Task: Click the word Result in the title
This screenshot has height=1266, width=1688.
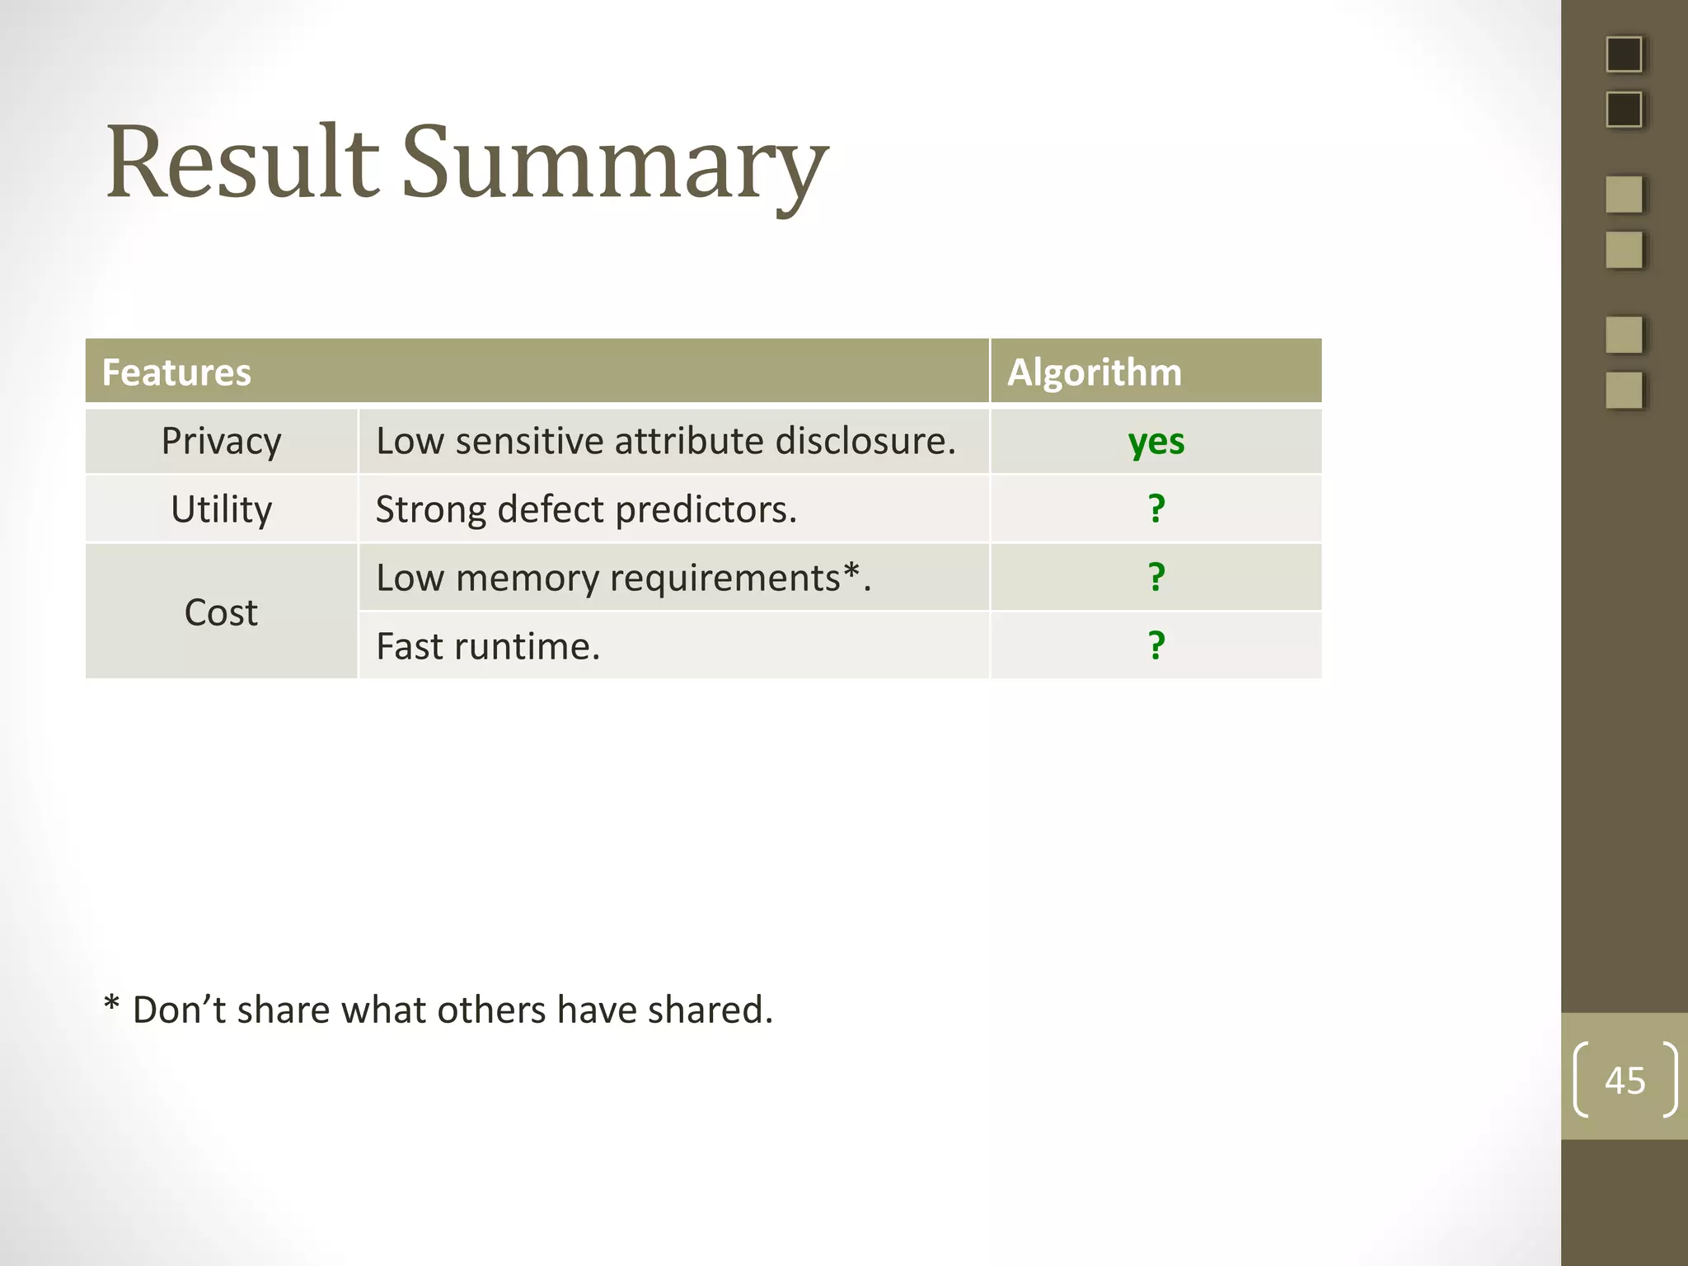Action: click(242, 162)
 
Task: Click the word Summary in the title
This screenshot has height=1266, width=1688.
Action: click(614, 165)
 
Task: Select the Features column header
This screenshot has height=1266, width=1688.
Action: click(176, 373)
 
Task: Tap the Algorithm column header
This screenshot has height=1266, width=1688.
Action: click(1094, 373)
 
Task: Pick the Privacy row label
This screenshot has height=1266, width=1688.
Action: click(221, 441)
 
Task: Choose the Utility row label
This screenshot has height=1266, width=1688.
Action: click(221, 509)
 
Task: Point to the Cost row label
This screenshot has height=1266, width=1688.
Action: click(221, 612)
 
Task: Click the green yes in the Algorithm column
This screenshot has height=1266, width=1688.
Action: click(1156, 442)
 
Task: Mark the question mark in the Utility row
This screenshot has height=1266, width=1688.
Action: click(1156, 509)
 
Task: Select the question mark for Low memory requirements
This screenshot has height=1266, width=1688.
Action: click(1156, 577)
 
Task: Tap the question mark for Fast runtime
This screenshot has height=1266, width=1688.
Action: click(1156, 645)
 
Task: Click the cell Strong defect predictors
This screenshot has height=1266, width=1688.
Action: click(586, 509)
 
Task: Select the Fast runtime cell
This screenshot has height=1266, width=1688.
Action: click(488, 646)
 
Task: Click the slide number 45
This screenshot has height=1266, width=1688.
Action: click(1625, 1081)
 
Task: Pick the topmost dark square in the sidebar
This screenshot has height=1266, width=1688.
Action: click(1624, 55)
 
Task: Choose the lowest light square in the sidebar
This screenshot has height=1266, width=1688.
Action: click(1624, 390)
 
